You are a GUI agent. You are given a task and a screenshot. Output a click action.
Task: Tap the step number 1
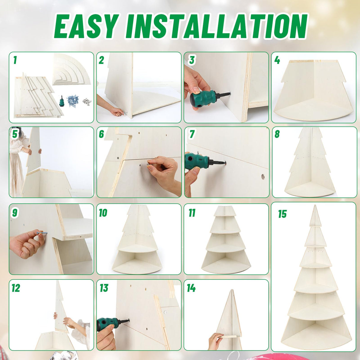point(15,60)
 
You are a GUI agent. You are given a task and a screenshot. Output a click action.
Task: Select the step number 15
point(282,214)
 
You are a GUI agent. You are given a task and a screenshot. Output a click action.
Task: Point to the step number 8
point(277,134)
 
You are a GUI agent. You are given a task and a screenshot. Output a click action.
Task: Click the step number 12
point(16,288)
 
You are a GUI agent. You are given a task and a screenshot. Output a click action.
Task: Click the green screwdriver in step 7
point(204,161)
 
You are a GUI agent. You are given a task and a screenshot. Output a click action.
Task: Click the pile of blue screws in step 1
point(73,101)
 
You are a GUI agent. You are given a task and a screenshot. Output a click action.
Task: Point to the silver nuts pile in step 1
point(87,102)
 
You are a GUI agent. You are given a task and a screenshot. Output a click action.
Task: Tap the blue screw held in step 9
point(42,232)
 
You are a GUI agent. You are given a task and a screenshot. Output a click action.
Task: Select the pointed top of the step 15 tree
point(315,205)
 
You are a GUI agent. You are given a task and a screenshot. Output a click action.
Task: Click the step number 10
point(103,213)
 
